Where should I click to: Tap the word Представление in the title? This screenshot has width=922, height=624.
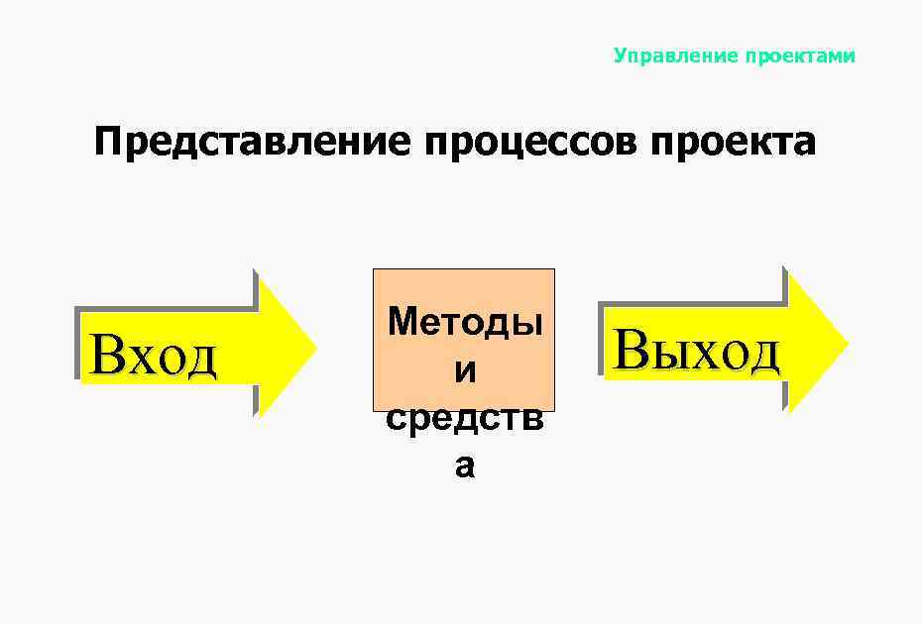pyautogui.click(x=252, y=143)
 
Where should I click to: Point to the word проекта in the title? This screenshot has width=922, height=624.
pyautogui.click(x=733, y=143)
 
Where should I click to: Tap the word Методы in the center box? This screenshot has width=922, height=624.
pyautogui.click(x=465, y=321)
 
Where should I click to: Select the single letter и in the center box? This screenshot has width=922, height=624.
pyautogui.click(x=464, y=370)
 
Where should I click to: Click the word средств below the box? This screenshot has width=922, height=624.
pyautogui.click(x=465, y=419)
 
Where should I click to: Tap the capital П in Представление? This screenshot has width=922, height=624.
pyautogui.click(x=108, y=143)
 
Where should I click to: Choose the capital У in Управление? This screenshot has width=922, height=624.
pyautogui.click(x=621, y=55)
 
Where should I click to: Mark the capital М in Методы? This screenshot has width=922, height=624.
pyautogui.click(x=403, y=321)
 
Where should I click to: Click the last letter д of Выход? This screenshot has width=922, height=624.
pyautogui.click(x=762, y=353)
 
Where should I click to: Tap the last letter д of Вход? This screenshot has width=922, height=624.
pyautogui.click(x=200, y=358)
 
